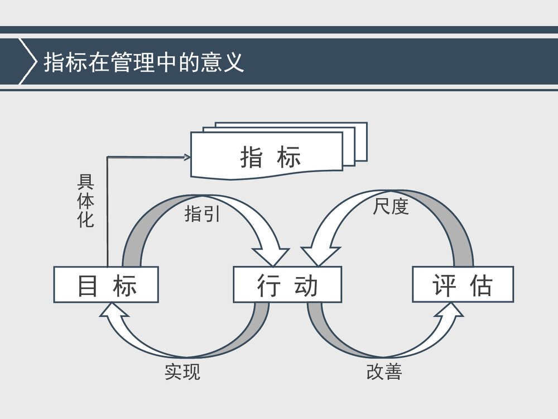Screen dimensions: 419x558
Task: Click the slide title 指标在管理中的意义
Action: click(144, 62)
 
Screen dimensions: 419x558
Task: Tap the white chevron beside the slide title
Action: click(25, 61)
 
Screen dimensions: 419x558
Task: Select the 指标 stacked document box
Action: click(268, 156)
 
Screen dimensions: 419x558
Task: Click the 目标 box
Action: click(106, 285)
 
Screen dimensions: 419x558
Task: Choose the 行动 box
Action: click(287, 285)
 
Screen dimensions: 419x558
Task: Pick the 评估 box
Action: click(463, 285)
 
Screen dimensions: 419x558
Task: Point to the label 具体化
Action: click(85, 201)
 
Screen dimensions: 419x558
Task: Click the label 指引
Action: click(202, 214)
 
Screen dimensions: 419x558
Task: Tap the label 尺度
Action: click(391, 207)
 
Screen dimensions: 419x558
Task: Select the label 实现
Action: click(182, 372)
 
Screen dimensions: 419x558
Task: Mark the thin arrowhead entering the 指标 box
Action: click(187, 158)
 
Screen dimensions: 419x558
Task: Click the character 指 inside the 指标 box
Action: click(252, 156)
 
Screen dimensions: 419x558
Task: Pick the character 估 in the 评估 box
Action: click(481, 285)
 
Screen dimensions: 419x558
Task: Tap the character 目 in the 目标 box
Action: click(88, 285)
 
